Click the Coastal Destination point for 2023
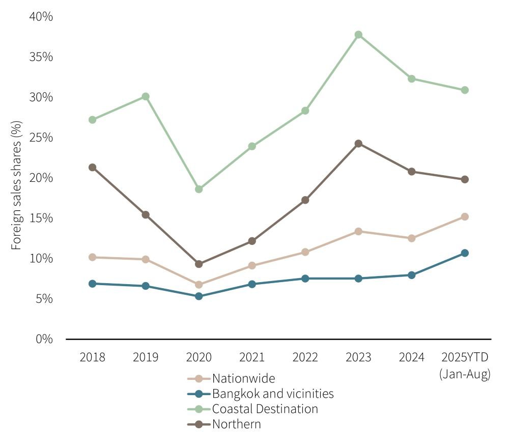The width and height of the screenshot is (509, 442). tap(358, 35)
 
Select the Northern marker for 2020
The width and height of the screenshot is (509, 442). tap(199, 264)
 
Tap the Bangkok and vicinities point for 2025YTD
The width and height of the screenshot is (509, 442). tap(464, 253)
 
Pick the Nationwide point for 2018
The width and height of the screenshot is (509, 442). tap(92, 257)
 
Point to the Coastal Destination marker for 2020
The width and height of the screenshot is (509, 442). tap(199, 189)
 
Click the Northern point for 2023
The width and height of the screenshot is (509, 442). tap(358, 144)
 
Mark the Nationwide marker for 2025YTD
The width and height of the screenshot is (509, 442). tap(464, 216)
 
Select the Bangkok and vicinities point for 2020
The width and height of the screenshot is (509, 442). tap(199, 296)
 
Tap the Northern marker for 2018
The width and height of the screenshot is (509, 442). tap(92, 167)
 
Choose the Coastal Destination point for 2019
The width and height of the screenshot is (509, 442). tap(145, 96)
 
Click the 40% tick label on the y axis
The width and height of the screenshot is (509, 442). tap(41, 17)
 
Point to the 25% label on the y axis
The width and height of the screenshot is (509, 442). tap(41, 137)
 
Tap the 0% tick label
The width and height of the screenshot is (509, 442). tap(44, 339)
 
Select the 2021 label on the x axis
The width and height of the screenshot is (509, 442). tap(251, 357)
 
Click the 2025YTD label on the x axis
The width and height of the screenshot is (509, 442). tap(464, 357)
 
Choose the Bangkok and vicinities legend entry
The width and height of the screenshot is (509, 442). tap(272, 394)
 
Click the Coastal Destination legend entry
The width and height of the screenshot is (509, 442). tap(265, 408)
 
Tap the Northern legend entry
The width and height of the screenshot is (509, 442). tap(236, 424)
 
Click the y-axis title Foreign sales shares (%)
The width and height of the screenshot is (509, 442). tap(17, 185)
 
